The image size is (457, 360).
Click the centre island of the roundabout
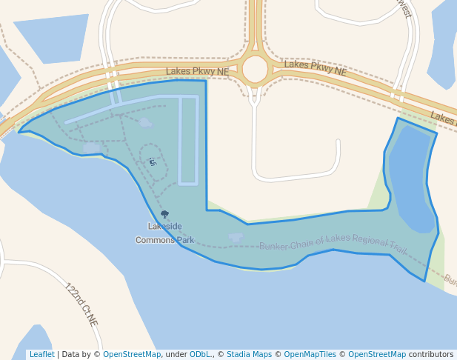click(x=255, y=69)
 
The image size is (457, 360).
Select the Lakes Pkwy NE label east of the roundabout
click(x=316, y=68)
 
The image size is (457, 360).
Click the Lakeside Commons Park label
click(x=164, y=233)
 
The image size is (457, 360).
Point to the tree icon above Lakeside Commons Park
click(x=164, y=215)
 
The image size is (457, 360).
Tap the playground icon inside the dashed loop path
click(x=153, y=161)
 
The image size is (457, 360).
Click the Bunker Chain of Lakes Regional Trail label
click(x=333, y=242)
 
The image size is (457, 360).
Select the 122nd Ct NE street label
click(x=81, y=304)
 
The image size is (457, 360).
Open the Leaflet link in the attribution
click(x=41, y=355)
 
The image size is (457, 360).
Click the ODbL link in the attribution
click(x=200, y=355)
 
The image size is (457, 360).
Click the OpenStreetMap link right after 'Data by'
click(x=132, y=355)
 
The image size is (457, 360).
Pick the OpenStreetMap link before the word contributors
click(x=377, y=355)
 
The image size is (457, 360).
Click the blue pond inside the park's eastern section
click(x=411, y=178)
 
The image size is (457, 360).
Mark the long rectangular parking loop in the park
click(x=189, y=139)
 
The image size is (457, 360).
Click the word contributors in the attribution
click(x=431, y=355)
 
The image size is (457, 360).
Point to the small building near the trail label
click(x=236, y=237)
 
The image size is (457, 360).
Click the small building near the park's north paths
click(x=145, y=122)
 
